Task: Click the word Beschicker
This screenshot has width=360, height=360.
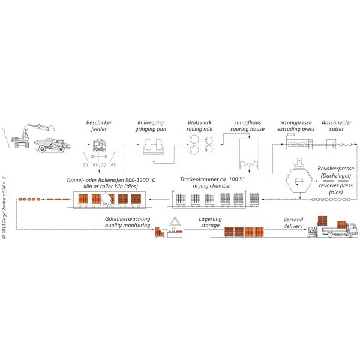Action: coord(99,122)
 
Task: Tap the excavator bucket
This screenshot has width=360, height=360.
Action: coord(51,128)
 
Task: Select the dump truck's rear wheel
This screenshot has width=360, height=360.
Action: coord(42,149)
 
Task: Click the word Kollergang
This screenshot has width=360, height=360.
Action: coord(151,123)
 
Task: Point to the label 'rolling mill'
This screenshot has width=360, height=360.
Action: coord(200,129)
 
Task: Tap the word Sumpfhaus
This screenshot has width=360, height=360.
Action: coord(247,122)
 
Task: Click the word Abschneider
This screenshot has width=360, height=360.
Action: coord(337,122)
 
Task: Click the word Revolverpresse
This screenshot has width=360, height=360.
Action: coord(335,169)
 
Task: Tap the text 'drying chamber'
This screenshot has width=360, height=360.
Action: coord(212,186)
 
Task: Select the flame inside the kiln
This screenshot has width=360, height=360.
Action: coord(106,199)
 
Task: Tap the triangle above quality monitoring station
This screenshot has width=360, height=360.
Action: coord(175,221)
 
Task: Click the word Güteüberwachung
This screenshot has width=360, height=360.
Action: coord(127,219)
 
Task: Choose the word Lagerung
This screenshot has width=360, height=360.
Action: coord(211,219)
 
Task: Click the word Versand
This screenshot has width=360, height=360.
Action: coord(293,220)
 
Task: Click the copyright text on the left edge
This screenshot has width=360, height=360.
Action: coord(4,208)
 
